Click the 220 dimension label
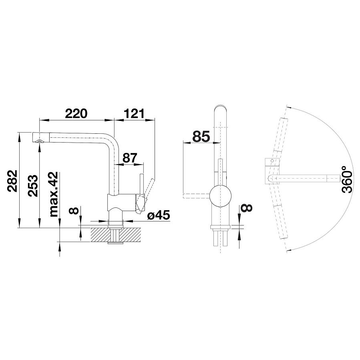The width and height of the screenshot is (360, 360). pos(76,113)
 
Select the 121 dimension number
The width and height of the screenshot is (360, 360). pos(134,113)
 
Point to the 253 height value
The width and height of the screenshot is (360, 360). pos(32,186)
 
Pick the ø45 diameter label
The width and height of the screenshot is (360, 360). pos(159,215)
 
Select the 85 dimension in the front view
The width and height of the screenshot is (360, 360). pos(201,137)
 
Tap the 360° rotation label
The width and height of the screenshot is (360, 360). pos(347,180)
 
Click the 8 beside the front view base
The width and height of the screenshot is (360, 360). pos(247,207)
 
